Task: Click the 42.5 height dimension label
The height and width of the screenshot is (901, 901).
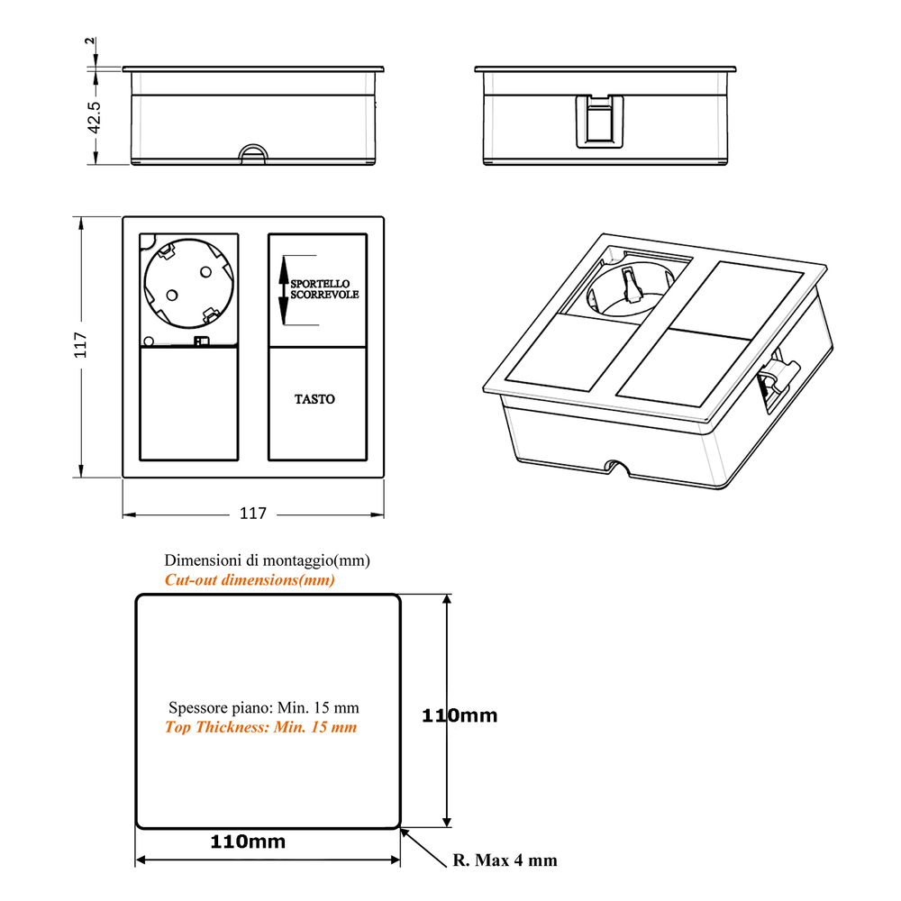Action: click(94, 118)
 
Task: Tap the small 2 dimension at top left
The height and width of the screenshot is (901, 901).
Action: click(89, 41)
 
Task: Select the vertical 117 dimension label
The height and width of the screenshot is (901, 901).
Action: click(80, 345)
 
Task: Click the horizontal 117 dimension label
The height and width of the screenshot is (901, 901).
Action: click(253, 514)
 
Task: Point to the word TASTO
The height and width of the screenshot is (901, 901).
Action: click(314, 399)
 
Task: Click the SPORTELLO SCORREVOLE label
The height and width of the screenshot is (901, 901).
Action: click(324, 289)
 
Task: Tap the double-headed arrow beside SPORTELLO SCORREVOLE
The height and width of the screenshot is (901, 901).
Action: click(283, 290)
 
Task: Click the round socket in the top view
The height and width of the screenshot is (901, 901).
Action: click(189, 284)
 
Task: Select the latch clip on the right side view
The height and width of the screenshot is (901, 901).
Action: click(599, 122)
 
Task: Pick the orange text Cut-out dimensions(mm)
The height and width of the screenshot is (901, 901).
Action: click(250, 579)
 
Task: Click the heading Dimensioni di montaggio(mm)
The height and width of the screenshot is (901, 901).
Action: click(268, 560)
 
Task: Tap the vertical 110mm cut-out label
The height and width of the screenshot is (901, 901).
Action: click(460, 715)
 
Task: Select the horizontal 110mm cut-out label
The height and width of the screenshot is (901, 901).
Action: click(248, 842)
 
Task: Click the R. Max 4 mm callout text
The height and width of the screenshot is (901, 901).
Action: click(505, 860)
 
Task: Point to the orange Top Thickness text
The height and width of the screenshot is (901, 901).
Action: click(261, 727)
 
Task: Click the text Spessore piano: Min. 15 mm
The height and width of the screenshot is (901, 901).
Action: click(264, 707)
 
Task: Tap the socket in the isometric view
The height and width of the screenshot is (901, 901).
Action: click(629, 288)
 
